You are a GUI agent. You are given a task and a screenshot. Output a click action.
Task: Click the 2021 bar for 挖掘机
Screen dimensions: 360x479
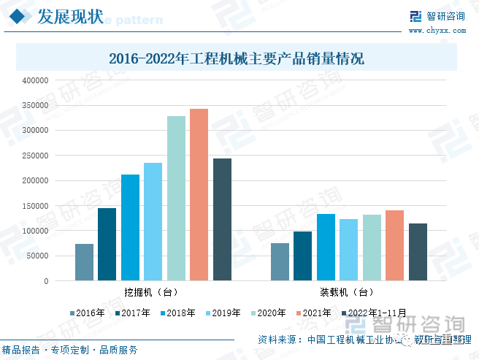tap(199, 194)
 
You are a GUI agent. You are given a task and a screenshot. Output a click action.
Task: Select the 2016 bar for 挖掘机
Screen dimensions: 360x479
tap(84, 262)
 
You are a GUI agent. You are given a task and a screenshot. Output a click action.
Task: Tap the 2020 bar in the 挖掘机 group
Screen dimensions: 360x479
tap(176, 198)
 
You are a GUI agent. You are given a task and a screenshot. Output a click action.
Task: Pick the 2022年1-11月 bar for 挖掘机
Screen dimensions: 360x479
tap(222, 219)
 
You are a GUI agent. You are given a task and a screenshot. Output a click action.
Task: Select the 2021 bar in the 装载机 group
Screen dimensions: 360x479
tap(394, 245)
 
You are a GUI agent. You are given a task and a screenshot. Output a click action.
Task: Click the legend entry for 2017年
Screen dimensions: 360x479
tap(132, 313)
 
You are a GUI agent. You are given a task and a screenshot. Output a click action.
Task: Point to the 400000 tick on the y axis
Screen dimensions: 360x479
tap(35, 80)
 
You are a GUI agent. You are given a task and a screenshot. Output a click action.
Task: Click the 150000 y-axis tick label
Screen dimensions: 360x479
tap(35, 206)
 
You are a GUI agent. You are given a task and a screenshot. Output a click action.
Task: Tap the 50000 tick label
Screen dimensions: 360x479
tap(37, 256)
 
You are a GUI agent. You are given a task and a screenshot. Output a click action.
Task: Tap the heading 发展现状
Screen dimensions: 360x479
tap(70, 17)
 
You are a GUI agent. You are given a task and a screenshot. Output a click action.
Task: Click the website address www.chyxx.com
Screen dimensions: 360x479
tap(437, 31)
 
